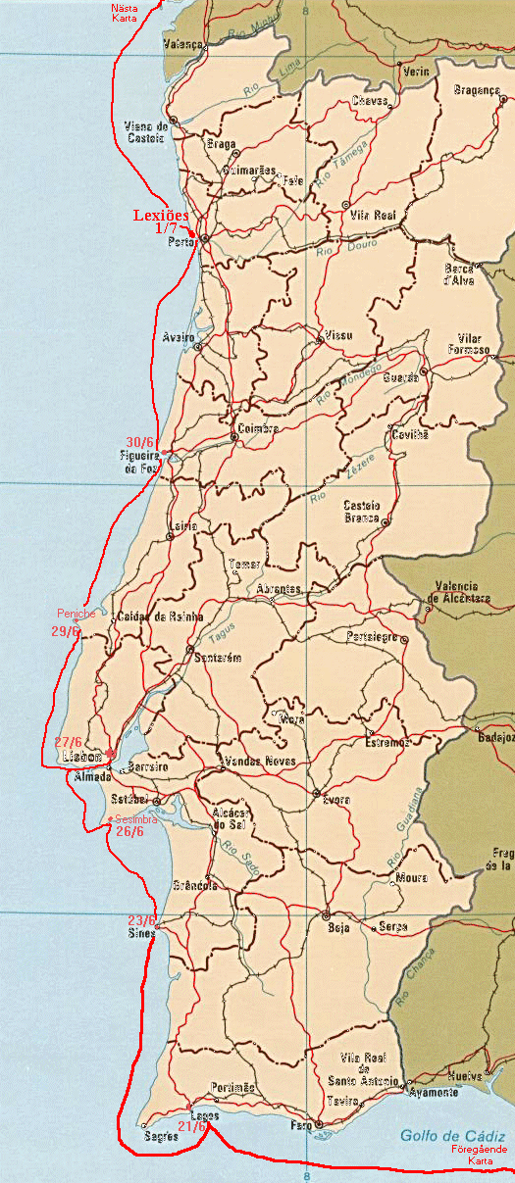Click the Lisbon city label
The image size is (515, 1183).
coord(82,758)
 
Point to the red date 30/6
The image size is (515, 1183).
coord(141,441)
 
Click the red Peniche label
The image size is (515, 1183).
coord(77,614)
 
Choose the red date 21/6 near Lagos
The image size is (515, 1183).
coord(192,1126)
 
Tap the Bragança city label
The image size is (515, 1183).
coord(478,89)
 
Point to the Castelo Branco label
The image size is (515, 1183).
coord(361,512)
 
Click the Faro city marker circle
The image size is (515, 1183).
coord(319,1124)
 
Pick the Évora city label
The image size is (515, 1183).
coord(336,800)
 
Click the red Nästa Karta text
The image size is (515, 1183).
coord(127,13)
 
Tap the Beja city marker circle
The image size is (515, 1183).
coord(325,915)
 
